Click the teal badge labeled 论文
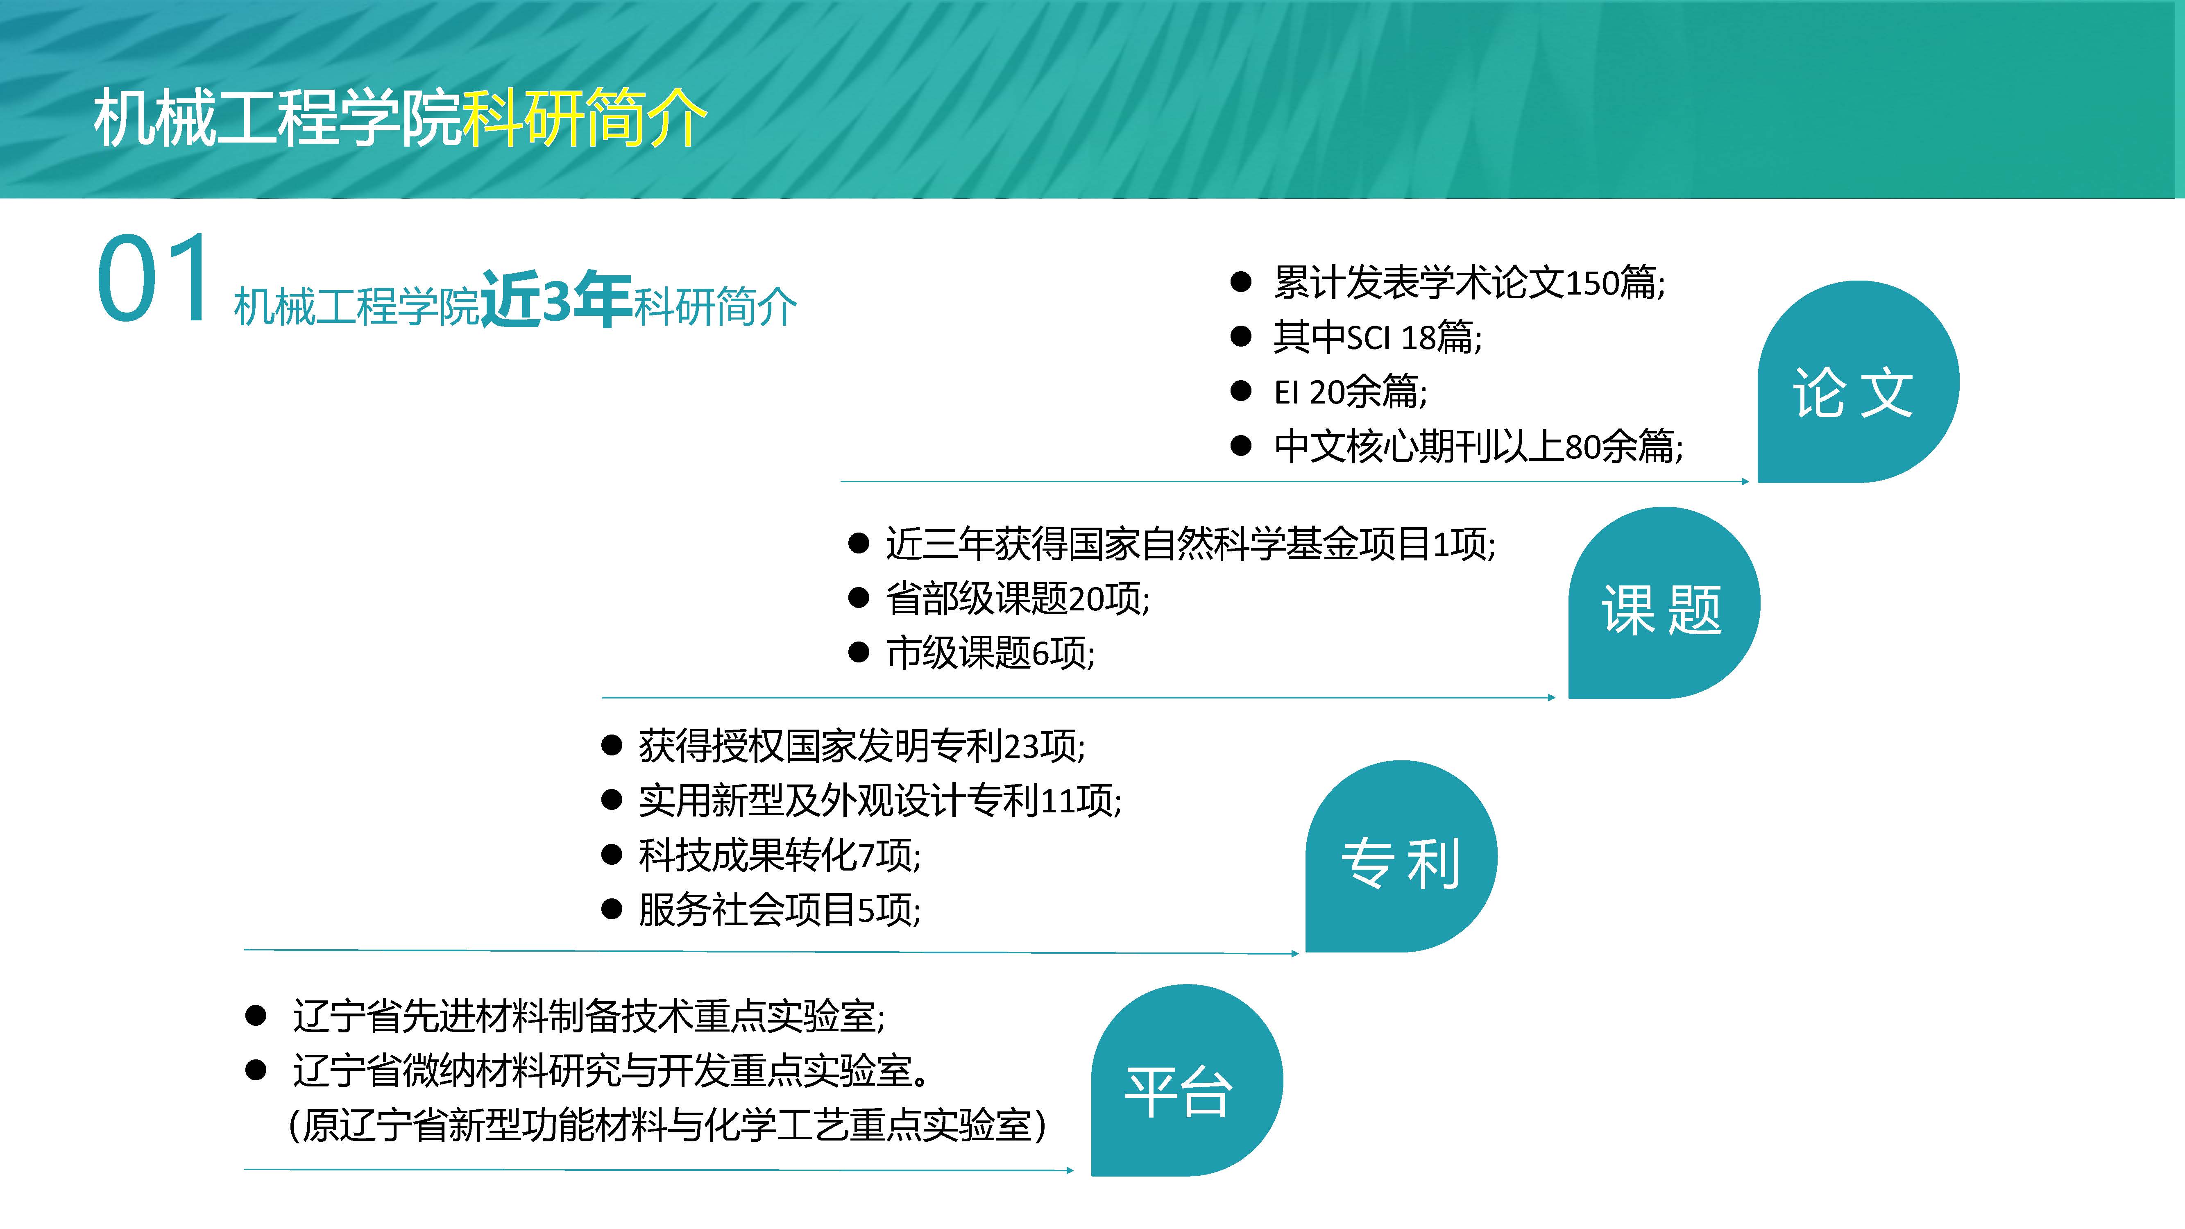tap(1858, 382)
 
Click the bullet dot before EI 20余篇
tap(1241, 391)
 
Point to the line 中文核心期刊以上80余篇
tap(1478, 446)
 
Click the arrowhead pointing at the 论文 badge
tap(1745, 482)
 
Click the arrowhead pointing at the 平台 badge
tap(1069, 1170)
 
